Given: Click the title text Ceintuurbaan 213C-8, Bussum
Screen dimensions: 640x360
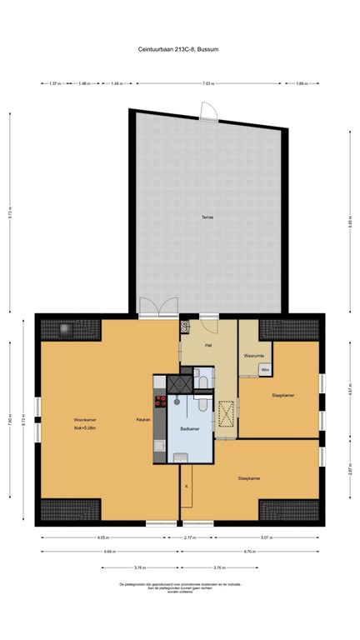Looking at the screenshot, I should point(180,49).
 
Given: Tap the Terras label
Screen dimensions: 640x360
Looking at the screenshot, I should point(207,217).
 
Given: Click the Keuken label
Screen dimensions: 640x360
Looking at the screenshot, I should point(143,419).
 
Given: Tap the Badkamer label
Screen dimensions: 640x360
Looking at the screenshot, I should point(189,428).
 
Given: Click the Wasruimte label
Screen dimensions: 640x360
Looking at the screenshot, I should point(254,356).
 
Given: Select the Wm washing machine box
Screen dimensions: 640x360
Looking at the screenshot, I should point(265,368).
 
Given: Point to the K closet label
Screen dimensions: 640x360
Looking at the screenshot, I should point(186,485).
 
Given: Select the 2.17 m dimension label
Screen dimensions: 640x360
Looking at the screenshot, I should point(190,537).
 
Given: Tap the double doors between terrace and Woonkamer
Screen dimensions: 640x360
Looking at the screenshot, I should point(157,307).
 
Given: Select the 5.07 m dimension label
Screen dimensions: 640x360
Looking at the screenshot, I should point(265,537).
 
